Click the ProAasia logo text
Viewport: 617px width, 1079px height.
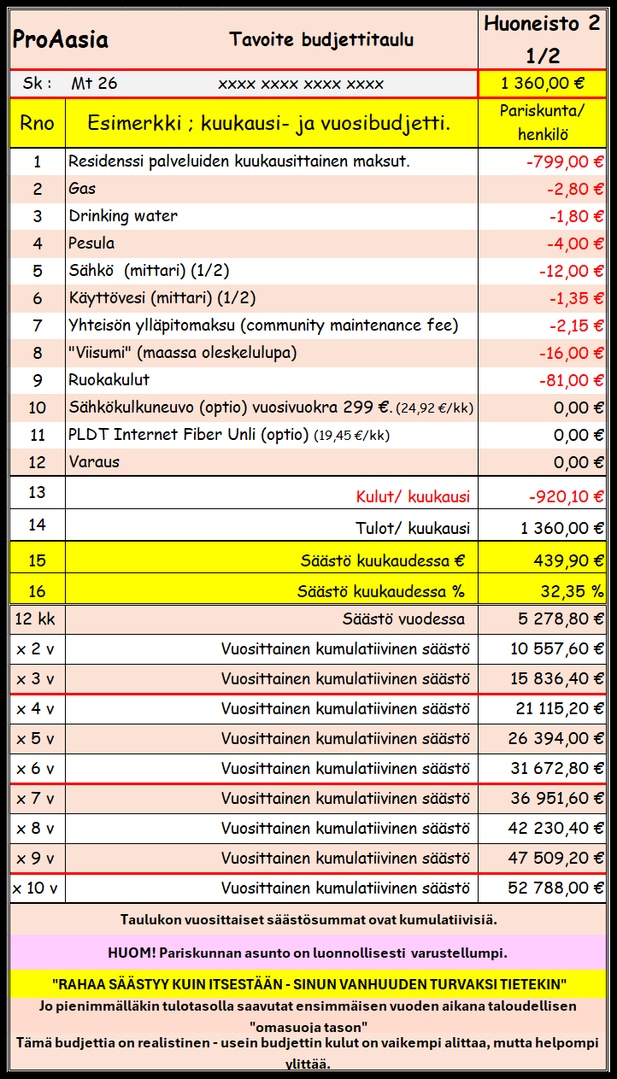click(x=60, y=39)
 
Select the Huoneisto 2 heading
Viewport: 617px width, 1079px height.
click(x=542, y=24)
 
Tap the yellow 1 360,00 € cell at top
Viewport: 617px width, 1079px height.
click(x=543, y=84)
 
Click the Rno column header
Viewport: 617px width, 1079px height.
click(x=37, y=123)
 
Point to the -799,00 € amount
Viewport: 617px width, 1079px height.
click(x=565, y=161)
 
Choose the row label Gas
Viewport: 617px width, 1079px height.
click(x=82, y=189)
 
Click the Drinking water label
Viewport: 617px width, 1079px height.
click(x=123, y=216)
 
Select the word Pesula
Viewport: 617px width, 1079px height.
click(x=91, y=243)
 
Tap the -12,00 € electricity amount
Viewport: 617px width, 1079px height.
click(x=571, y=271)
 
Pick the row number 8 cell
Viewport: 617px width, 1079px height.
click(x=37, y=353)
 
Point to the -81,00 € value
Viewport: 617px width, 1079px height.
click(x=571, y=380)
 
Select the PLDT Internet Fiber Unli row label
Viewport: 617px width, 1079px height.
click(x=188, y=435)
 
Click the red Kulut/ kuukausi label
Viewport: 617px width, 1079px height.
click(x=413, y=497)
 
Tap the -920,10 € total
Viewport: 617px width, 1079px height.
click(x=565, y=497)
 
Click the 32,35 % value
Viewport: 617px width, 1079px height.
click(x=572, y=591)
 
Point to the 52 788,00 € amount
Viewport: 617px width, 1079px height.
click(x=555, y=888)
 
